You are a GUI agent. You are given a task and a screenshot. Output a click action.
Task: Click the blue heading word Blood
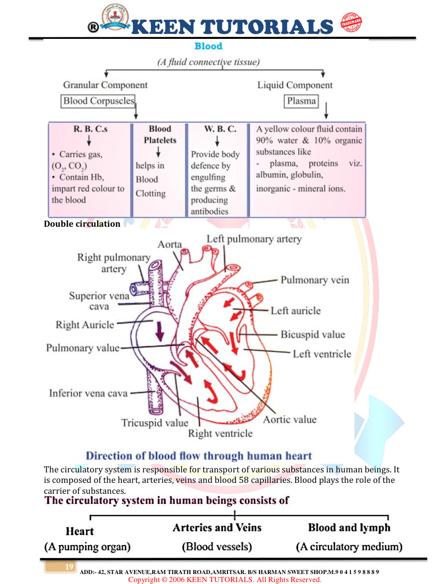(208, 46)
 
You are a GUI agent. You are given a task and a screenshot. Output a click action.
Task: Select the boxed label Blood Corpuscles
(99, 101)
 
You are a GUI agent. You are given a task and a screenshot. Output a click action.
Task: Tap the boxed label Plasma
(301, 101)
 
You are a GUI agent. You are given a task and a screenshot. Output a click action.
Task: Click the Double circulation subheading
(82, 224)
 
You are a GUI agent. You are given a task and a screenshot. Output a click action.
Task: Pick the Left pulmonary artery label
(254, 239)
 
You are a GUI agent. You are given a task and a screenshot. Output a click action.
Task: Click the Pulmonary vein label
(315, 280)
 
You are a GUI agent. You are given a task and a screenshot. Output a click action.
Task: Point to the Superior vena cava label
(99, 301)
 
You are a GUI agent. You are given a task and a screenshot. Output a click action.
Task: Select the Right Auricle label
(85, 325)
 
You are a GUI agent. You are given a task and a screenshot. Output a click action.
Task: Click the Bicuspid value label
(313, 334)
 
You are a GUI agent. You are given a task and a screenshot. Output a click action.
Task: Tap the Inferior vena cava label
(88, 393)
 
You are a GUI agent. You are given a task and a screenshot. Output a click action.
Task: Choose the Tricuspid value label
(155, 423)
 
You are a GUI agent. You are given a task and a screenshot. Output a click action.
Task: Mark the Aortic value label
(290, 420)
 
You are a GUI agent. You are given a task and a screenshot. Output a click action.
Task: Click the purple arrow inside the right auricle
(160, 330)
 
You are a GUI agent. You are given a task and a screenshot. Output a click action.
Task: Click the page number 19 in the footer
(69, 567)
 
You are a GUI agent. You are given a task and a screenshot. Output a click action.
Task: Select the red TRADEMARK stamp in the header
(351, 23)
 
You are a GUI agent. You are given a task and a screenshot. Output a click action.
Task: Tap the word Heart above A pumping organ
(80, 531)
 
